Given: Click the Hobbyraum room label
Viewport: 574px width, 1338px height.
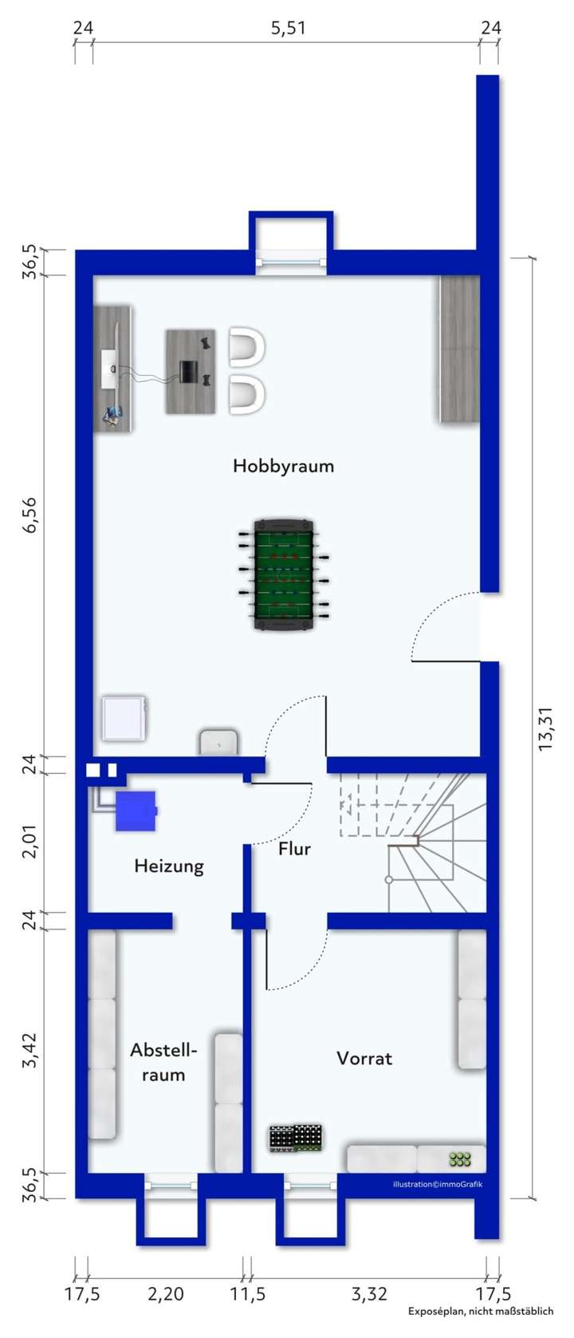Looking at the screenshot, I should tap(283, 466).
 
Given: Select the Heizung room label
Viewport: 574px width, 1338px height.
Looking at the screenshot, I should tap(169, 866).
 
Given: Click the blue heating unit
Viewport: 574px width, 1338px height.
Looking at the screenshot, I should tap(136, 811).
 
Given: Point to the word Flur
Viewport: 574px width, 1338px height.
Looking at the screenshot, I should tap(294, 849).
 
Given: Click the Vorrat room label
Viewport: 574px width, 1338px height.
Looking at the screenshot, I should tap(364, 1058).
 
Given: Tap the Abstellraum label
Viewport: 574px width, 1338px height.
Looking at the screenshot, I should tap(163, 1062).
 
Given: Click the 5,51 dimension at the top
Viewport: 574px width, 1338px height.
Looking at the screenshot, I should tap(288, 29).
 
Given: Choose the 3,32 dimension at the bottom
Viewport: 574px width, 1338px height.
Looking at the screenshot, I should tap(369, 1293).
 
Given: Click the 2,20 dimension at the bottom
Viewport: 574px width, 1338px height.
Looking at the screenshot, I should tap(166, 1293).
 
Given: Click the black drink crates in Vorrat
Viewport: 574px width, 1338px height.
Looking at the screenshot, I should tap(296, 1139).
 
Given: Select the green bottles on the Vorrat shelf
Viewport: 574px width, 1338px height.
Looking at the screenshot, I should tap(460, 1158).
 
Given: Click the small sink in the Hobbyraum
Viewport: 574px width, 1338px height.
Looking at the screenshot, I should tap(218, 741).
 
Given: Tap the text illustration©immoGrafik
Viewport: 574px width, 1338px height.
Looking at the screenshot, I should tap(437, 1184).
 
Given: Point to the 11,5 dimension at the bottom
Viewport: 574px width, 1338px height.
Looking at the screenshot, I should tap(248, 1293).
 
